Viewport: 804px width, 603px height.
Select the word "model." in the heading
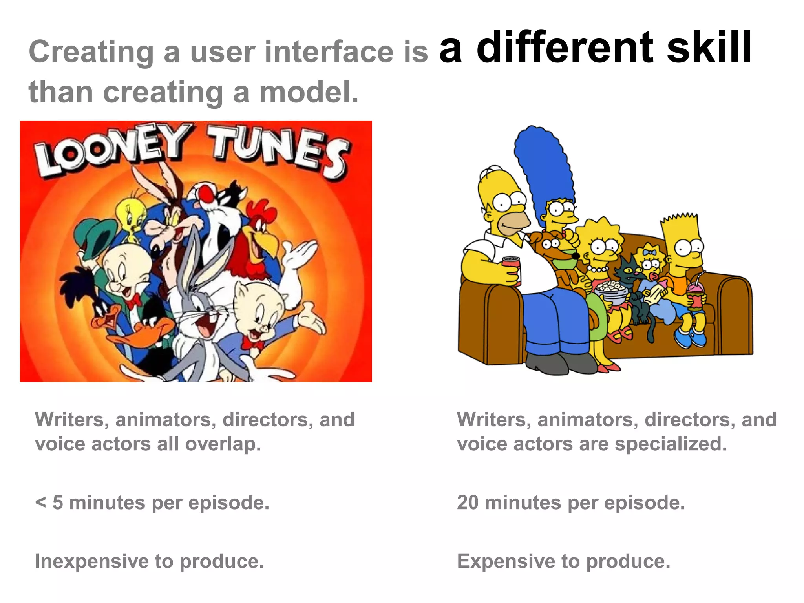(x=309, y=93)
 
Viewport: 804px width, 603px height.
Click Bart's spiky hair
(x=679, y=222)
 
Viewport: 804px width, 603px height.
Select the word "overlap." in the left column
(x=223, y=444)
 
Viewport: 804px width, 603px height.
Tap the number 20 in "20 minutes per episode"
(x=468, y=502)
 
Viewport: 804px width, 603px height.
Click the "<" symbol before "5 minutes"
(x=40, y=502)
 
